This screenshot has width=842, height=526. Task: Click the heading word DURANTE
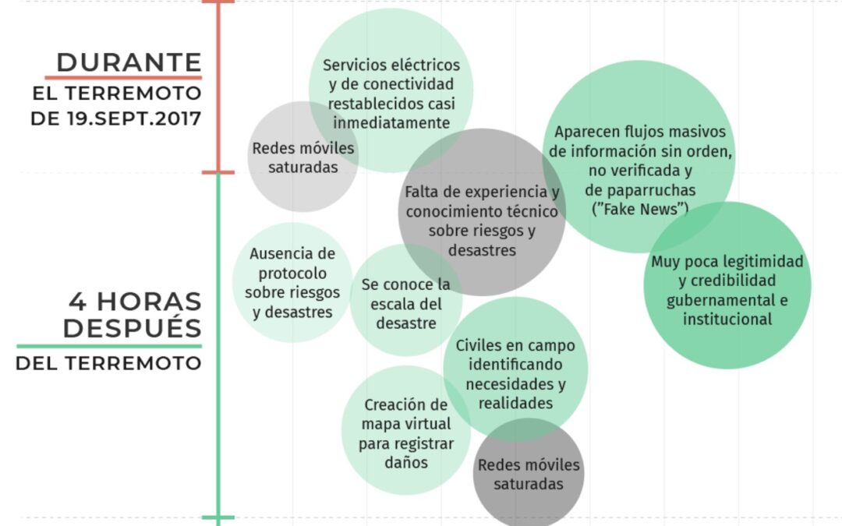[129, 62]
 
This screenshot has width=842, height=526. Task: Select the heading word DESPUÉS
[133, 328]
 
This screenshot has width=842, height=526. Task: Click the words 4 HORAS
[135, 302]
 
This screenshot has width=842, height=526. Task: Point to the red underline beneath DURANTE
[123, 77]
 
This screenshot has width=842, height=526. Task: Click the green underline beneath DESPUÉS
[109, 346]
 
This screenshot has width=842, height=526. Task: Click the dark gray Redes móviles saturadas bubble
[529, 475]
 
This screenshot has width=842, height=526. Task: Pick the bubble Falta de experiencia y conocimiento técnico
[482, 221]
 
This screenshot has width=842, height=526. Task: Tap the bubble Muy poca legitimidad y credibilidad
[727, 289]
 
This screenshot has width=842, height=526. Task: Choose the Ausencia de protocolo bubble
[292, 282]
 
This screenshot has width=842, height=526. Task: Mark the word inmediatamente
[391, 122]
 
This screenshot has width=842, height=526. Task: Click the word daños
[405, 462]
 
